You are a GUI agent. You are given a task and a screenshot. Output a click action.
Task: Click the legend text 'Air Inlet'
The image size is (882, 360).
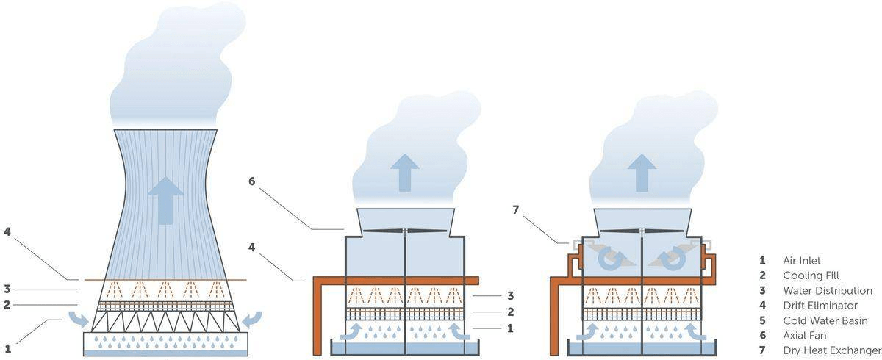coord(803,260)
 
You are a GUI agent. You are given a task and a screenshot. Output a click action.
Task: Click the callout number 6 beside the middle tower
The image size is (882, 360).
coord(251,180)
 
